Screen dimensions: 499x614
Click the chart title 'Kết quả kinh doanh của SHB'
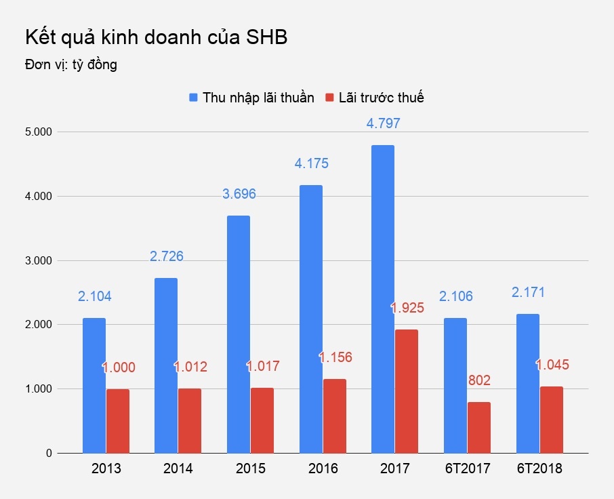[156, 38]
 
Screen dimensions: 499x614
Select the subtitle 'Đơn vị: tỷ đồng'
[71, 65]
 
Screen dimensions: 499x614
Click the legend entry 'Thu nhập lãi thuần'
[251, 98]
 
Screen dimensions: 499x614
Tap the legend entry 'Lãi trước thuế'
[375, 98]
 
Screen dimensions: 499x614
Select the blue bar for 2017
[383, 298]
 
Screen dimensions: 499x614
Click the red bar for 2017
[407, 391]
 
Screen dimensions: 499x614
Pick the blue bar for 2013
[94, 385]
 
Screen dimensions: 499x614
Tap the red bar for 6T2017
[478, 427]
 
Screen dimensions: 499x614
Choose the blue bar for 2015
[239, 334]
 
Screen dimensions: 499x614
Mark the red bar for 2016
[334, 416]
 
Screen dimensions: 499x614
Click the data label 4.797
[384, 124]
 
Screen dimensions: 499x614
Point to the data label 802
[478, 380]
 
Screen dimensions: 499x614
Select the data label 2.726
[167, 257]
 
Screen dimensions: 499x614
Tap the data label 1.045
[552, 365]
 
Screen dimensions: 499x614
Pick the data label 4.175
[311, 164]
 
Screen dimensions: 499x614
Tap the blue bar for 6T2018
[528, 383]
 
